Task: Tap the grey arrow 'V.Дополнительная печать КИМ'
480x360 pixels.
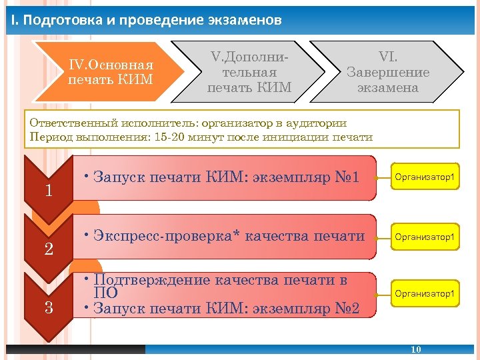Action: pyautogui.click(x=249, y=72)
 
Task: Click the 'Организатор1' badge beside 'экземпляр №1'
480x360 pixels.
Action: pyautogui.click(x=425, y=177)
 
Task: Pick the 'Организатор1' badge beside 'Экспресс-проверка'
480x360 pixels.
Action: pyautogui.click(x=425, y=237)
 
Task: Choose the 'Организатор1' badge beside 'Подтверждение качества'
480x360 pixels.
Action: pyautogui.click(x=425, y=293)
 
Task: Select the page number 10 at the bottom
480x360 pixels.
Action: pyautogui.click(x=416, y=349)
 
